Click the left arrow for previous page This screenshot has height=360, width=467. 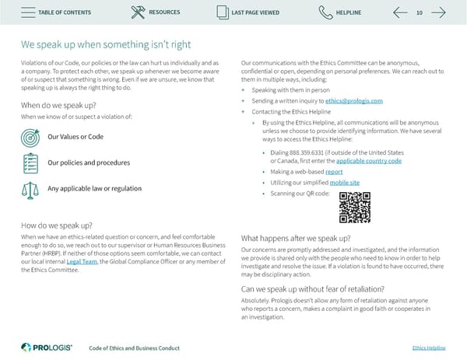point(401,12)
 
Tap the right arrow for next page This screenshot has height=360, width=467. point(438,12)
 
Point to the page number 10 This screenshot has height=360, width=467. point(420,12)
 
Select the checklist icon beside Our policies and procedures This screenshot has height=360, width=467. point(30,163)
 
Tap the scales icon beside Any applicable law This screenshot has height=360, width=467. point(30,189)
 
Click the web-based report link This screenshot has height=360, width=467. point(334,171)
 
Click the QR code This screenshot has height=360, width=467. point(354,207)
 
